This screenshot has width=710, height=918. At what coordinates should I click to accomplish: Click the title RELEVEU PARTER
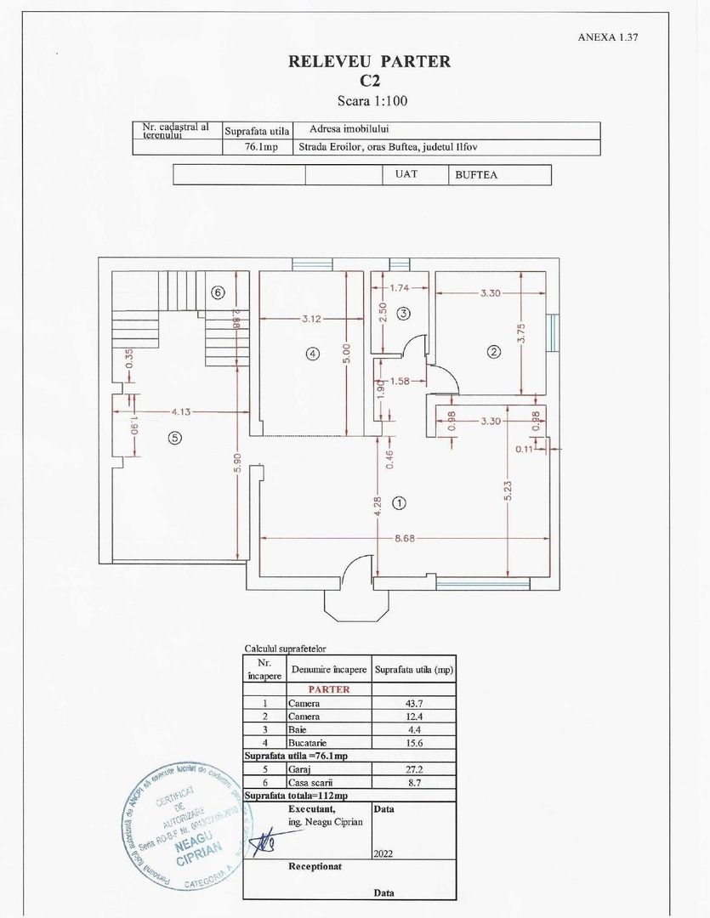coord(369,61)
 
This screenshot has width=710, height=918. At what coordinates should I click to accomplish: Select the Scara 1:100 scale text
coord(369,100)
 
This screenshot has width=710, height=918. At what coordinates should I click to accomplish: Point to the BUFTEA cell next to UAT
coord(476,174)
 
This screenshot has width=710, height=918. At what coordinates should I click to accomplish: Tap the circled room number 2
coord(493,351)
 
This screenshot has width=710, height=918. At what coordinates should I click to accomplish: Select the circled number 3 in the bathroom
coord(404,313)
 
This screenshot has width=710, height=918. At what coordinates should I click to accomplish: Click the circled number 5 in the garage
coord(174,438)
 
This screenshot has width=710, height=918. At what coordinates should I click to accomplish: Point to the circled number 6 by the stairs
coord(218,292)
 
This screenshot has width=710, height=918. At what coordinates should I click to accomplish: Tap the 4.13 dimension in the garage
coord(179,412)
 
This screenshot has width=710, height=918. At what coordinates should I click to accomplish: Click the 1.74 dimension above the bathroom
coord(399,288)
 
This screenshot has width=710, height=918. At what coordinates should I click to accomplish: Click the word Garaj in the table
coord(298,768)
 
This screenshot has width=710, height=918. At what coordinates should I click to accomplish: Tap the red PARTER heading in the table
coord(328,689)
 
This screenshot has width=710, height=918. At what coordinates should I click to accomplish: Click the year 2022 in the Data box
coord(383,853)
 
